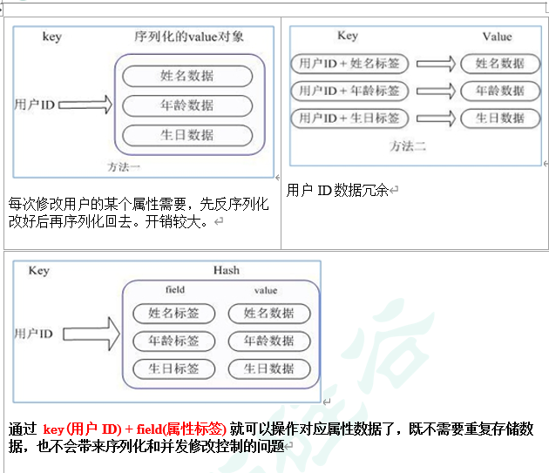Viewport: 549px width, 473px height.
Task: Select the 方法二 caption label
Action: (x=407, y=145)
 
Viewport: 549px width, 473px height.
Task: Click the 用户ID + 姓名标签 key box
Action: (x=349, y=64)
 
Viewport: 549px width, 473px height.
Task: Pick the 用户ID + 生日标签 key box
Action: (x=349, y=118)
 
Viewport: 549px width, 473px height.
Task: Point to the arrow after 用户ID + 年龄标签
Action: (x=437, y=91)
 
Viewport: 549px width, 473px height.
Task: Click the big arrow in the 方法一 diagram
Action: (x=86, y=105)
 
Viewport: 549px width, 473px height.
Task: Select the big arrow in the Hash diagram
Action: (x=89, y=334)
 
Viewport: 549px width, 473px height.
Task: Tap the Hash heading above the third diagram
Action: (x=226, y=270)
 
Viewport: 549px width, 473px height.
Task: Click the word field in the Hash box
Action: (x=174, y=290)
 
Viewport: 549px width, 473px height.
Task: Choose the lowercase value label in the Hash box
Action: (x=266, y=290)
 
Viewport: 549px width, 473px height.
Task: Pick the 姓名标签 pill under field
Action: (x=174, y=313)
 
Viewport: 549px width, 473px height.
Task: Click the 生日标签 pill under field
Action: (x=174, y=368)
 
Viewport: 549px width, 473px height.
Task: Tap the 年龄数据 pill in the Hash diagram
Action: (x=268, y=341)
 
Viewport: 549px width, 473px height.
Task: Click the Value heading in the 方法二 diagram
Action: (x=497, y=37)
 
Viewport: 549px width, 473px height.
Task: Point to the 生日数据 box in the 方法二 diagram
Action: (x=500, y=118)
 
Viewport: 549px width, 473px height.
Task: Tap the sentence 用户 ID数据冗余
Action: (x=337, y=189)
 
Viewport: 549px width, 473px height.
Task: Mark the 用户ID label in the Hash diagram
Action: (x=34, y=334)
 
